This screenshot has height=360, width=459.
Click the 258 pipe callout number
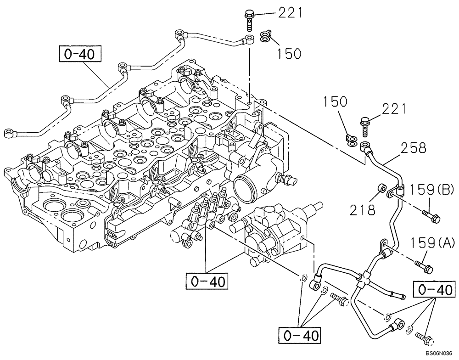point(413,148)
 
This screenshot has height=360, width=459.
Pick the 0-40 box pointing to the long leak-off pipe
point(79,55)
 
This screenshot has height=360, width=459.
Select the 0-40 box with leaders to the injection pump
point(207,281)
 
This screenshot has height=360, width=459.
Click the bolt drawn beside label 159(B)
point(429,214)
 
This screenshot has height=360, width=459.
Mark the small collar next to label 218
point(381,190)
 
